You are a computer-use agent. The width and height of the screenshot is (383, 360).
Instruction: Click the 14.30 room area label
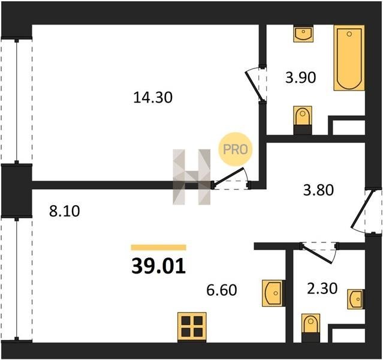click(x=153, y=97)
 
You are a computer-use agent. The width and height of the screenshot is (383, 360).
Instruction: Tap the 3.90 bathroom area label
click(x=301, y=77)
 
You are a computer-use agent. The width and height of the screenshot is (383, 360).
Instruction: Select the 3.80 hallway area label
click(x=318, y=190)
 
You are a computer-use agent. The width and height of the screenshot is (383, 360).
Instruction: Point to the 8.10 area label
click(x=65, y=211)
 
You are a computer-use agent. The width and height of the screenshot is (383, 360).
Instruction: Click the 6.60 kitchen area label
click(x=222, y=290)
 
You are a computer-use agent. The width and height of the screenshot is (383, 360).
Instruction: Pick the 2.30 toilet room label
click(x=322, y=289)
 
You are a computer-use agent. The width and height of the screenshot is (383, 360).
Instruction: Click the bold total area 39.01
click(x=158, y=266)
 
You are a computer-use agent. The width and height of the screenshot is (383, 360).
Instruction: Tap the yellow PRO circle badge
click(x=235, y=149)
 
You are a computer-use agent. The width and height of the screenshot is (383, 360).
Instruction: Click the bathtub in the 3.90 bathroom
click(x=349, y=58)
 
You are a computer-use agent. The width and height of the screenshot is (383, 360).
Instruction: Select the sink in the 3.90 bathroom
click(x=303, y=34)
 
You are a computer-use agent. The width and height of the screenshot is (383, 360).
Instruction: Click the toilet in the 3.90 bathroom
click(x=303, y=120)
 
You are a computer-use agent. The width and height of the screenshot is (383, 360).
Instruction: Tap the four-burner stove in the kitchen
click(x=192, y=327)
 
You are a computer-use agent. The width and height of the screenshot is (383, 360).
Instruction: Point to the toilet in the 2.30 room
click(x=310, y=328)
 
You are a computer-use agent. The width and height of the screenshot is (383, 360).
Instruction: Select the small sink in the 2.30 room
click(x=356, y=299)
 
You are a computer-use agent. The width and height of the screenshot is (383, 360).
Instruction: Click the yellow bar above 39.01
click(x=158, y=247)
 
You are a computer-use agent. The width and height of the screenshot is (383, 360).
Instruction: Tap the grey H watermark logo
click(x=192, y=177)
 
